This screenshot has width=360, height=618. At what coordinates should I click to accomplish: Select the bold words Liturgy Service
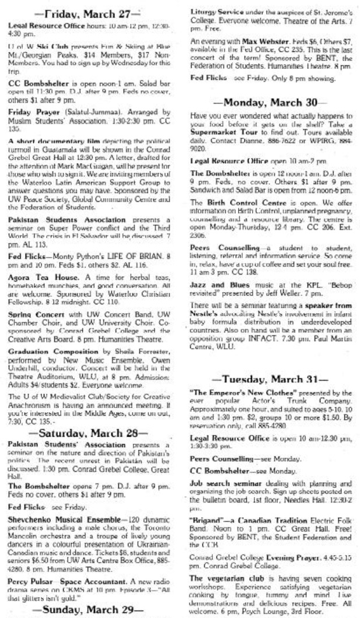coord(217,10)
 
